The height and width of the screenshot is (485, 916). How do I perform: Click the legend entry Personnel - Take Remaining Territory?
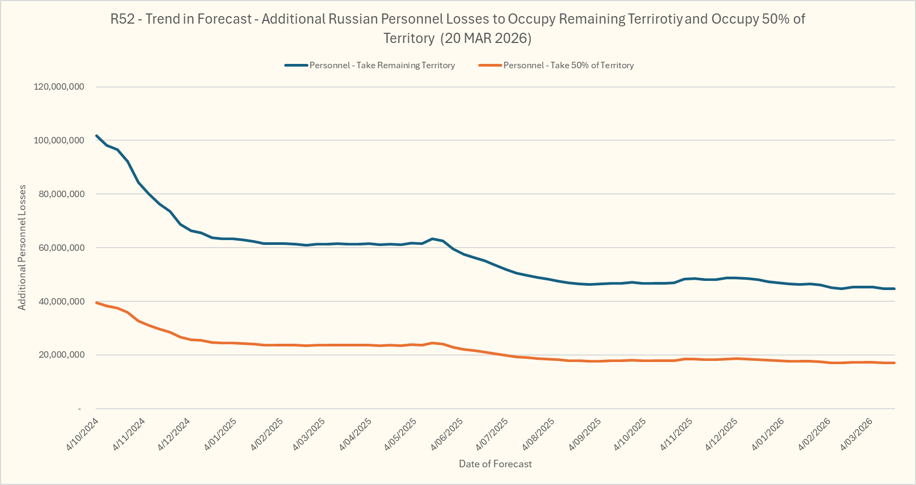[x=382, y=66]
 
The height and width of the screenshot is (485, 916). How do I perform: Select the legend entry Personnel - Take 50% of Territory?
[x=568, y=66]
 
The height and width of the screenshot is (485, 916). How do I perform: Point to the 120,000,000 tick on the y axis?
[x=59, y=86]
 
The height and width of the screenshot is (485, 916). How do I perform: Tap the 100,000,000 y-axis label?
[x=59, y=140]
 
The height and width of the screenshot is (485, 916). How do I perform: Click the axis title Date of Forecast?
[x=495, y=464]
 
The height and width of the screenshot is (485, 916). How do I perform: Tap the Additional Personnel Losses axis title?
[x=22, y=248]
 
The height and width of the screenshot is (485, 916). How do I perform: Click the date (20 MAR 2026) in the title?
[x=486, y=38]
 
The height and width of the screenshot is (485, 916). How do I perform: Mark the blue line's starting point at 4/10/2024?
[x=96, y=136]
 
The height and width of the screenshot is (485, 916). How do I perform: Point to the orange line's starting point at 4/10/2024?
[x=96, y=303]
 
